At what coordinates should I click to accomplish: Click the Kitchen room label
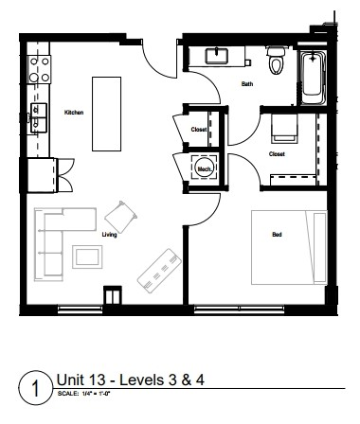point(74,112)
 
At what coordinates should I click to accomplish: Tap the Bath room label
point(247,84)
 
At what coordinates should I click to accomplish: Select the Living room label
point(109,235)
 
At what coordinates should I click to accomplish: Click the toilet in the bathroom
point(276,61)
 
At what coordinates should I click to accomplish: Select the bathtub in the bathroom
point(313,80)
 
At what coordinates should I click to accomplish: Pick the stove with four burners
point(40,69)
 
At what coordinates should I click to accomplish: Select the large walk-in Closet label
point(277,152)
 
